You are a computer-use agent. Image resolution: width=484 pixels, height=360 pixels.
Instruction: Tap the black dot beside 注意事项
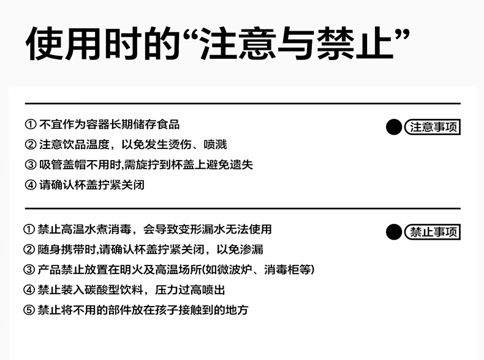pyautogui.click(x=395, y=127)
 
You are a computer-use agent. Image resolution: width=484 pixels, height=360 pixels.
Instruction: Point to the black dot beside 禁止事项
pyautogui.click(x=395, y=232)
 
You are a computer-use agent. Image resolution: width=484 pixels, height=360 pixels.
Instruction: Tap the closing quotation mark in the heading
pyautogui.click(x=401, y=34)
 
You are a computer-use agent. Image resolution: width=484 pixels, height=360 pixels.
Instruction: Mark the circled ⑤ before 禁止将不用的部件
pyautogui.click(x=29, y=310)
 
